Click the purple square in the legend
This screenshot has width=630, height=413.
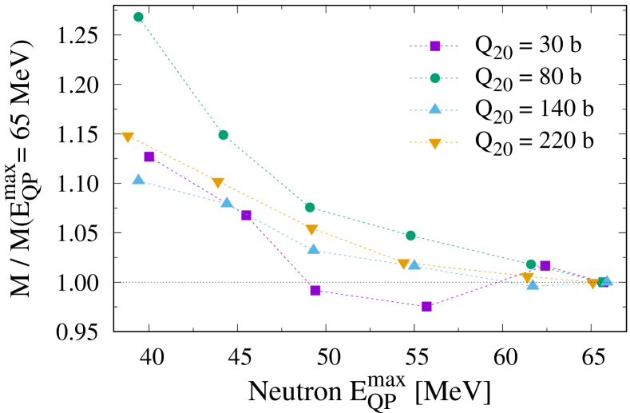click(435, 46)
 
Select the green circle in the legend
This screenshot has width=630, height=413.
click(435, 78)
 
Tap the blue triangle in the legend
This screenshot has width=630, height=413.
click(435, 109)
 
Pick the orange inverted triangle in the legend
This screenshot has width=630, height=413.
click(435, 143)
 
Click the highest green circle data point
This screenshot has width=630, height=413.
click(138, 17)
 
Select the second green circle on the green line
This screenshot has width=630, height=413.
click(224, 135)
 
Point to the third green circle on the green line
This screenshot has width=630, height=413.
click(310, 207)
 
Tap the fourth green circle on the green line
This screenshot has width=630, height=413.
click(410, 236)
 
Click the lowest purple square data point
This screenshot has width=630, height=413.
click(426, 306)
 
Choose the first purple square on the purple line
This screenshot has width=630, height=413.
click(149, 157)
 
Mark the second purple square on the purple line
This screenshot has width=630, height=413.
click(247, 215)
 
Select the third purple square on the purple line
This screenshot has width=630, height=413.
click(315, 290)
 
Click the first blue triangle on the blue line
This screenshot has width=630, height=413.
click(138, 180)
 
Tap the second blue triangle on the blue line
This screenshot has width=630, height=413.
click(227, 202)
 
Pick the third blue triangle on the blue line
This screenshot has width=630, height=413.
click(314, 249)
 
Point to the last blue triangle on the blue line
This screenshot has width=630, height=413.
click(606, 280)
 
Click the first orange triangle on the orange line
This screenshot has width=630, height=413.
click(128, 137)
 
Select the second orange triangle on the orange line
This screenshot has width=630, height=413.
click(217, 183)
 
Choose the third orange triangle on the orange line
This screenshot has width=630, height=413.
click(311, 230)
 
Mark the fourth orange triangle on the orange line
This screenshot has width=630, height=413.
click(404, 264)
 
